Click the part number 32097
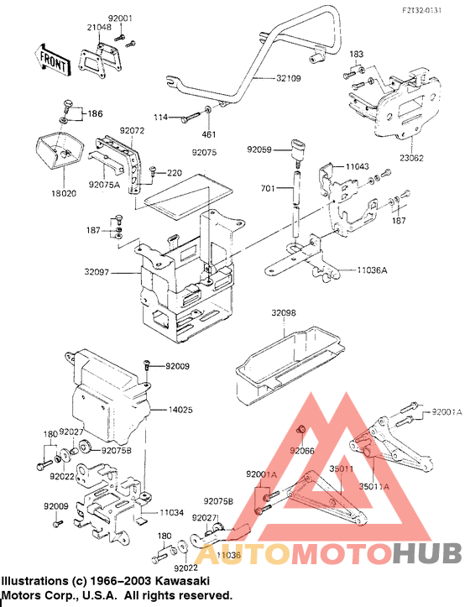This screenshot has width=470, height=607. (x=119, y=273)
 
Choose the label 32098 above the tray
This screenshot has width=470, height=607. (x=284, y=313)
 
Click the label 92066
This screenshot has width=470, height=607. (x=302, y=451)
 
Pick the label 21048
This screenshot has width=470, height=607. (x=98, y=28)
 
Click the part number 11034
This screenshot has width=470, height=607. (x=171, y=511)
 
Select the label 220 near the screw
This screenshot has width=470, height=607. (x=174, y=172)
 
